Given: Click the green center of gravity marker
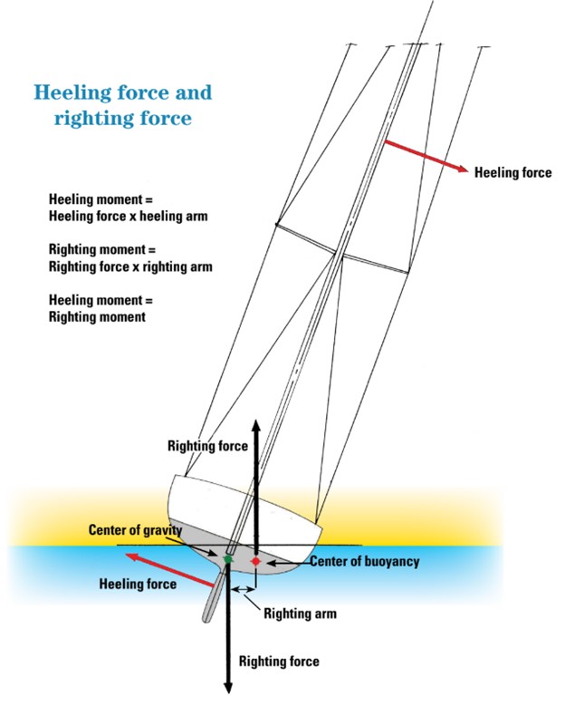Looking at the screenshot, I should (x=227, y=559).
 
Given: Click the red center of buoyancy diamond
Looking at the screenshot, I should (x=256, y=562).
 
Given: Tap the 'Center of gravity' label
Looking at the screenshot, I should (x=135, y=530).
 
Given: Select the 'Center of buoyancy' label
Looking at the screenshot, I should (x=365, y=562).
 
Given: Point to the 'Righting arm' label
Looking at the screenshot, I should (x=300, y=614).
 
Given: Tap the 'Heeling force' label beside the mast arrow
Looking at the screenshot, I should (x=512, y=172).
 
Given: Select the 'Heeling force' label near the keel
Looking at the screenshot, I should (x=137, y=585).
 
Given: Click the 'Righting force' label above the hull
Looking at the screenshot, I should (x=208, y=446).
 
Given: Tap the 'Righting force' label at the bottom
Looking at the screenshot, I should (x=279, y=662).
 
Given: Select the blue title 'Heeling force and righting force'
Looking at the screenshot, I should (x=123, y=104).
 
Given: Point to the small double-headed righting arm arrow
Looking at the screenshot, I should (x=242, y=589).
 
